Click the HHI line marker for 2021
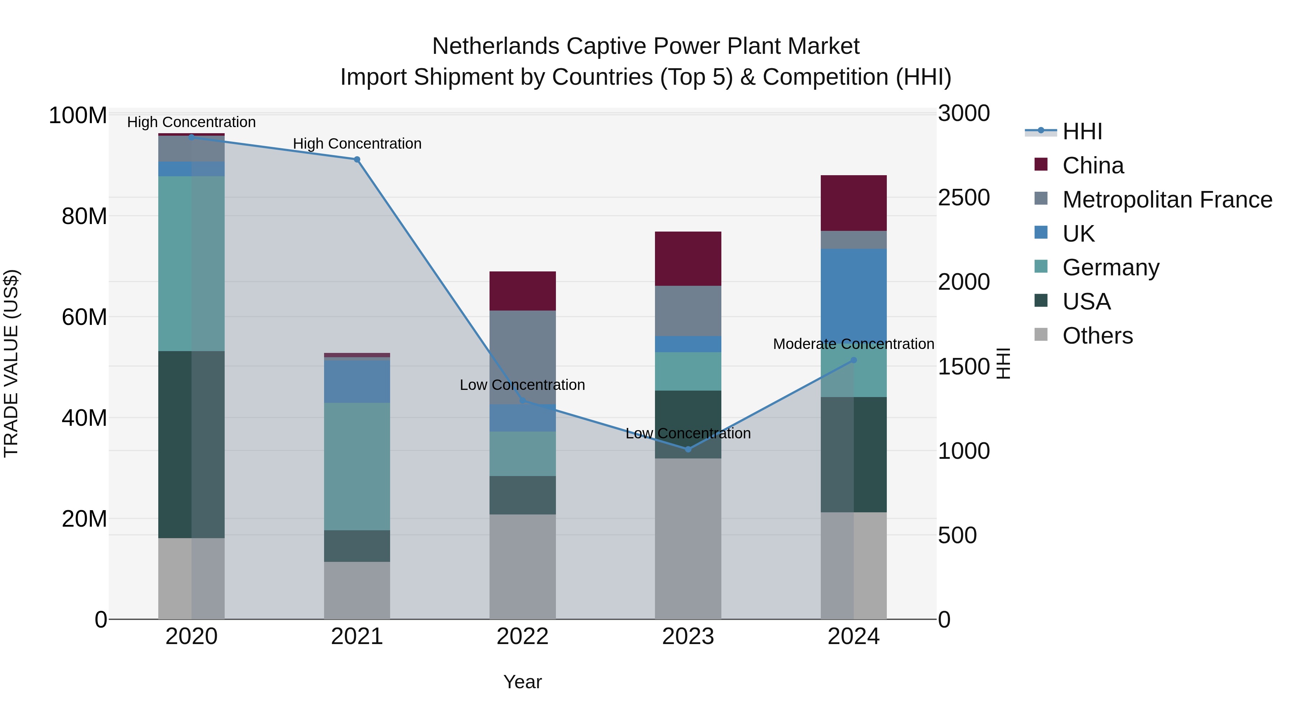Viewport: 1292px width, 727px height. (x=357, y=159)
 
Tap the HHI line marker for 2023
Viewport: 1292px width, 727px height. (x=688, y=449)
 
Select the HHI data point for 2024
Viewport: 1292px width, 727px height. (x=854, y=360)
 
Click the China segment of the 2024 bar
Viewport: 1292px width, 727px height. (x=854, y=203)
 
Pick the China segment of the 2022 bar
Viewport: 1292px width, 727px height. (x=522, y=291)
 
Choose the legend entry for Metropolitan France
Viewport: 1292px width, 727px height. (x=1167, y=200)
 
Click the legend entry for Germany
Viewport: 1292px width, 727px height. (x=1110, y=267)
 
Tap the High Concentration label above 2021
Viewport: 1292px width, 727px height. (x=357, y=144)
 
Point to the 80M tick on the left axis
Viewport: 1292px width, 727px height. (x=84, y=216)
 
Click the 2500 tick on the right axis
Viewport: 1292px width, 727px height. (x=964, y=198)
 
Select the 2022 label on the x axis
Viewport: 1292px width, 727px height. (x=522, y=637)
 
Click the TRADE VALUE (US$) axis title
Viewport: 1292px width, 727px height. (x=11, y=363)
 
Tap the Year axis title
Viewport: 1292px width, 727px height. (x=522, y=682)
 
